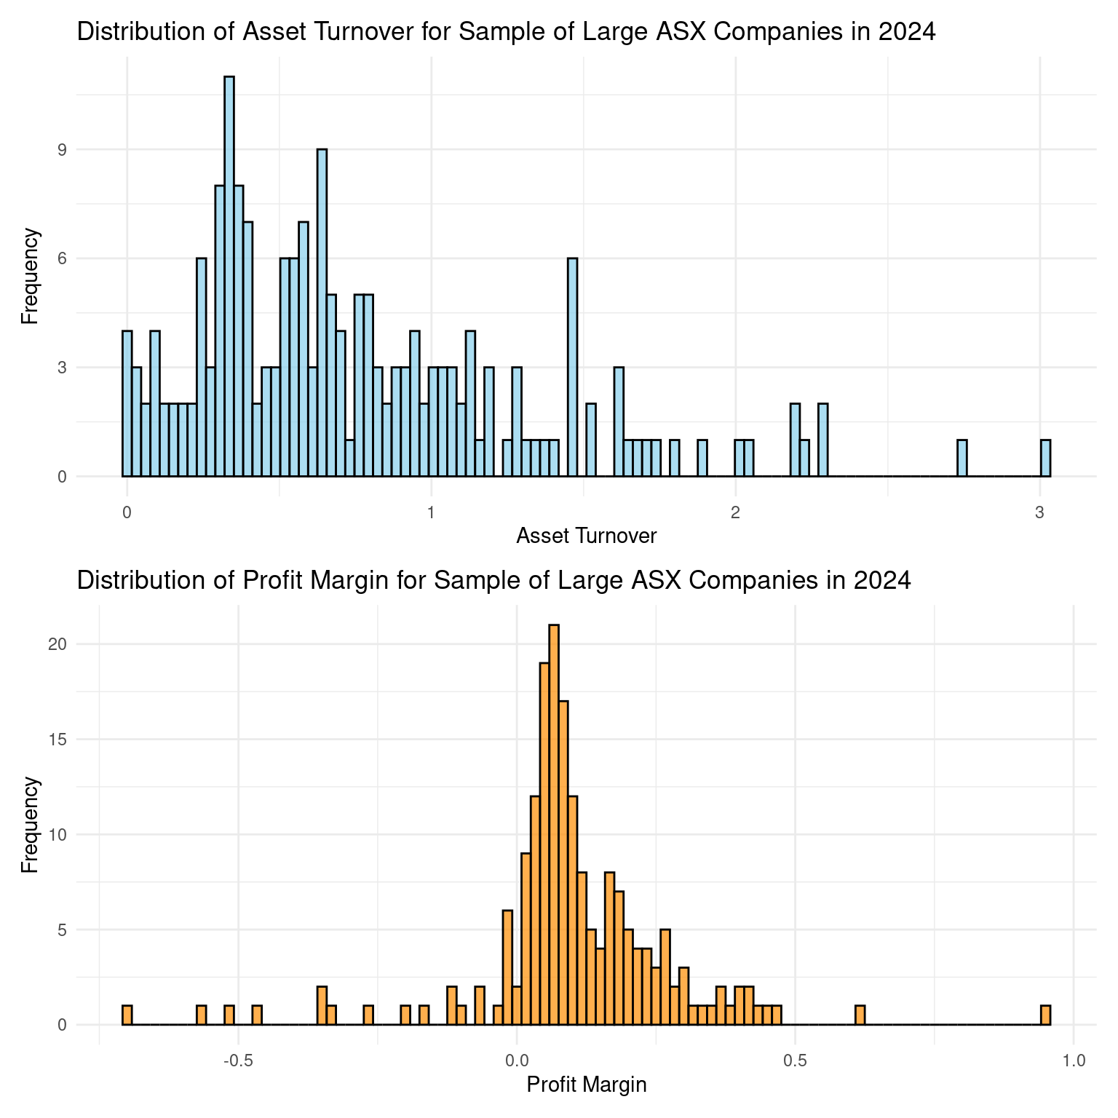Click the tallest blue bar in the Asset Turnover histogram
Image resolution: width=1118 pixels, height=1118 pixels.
point(229,277)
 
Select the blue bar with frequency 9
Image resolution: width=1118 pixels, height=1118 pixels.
point(322,313)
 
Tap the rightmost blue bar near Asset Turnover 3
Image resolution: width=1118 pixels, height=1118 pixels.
point(1045,458)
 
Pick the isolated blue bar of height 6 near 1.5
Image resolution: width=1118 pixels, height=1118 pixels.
point(572,368)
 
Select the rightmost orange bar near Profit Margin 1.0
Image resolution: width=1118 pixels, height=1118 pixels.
point(1045,1015)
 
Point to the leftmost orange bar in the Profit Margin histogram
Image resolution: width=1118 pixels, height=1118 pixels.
point(127,1015)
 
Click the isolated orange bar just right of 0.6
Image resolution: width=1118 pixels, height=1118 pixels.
point(860,1015)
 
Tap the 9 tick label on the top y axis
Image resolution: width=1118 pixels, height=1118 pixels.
point(103,150)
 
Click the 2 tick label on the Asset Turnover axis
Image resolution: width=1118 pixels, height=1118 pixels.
point(736,512)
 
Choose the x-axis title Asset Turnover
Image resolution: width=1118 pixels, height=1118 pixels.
point(586,536)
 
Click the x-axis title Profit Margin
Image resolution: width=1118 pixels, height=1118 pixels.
point(586,1085)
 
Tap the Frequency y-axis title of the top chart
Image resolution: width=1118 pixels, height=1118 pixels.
point(30,277)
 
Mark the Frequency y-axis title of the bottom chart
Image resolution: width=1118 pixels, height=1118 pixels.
point(30,825)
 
